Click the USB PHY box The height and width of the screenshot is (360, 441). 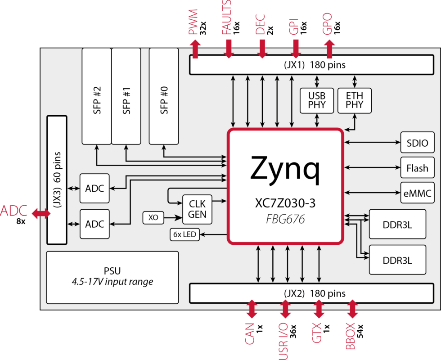pos(317,100)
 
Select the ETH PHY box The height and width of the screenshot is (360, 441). pos(355,100)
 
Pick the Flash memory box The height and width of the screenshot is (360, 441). pos(417,168)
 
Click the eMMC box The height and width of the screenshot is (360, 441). pos(417,193)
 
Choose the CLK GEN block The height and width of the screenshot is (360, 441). pos(197,209)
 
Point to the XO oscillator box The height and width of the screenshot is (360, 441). pos(153,218)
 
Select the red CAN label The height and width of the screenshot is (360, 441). pos(250,334)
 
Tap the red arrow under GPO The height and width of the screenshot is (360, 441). pos(329,49)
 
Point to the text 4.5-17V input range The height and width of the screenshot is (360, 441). pos(112,282)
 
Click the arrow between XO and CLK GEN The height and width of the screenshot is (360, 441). pos(172,218)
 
